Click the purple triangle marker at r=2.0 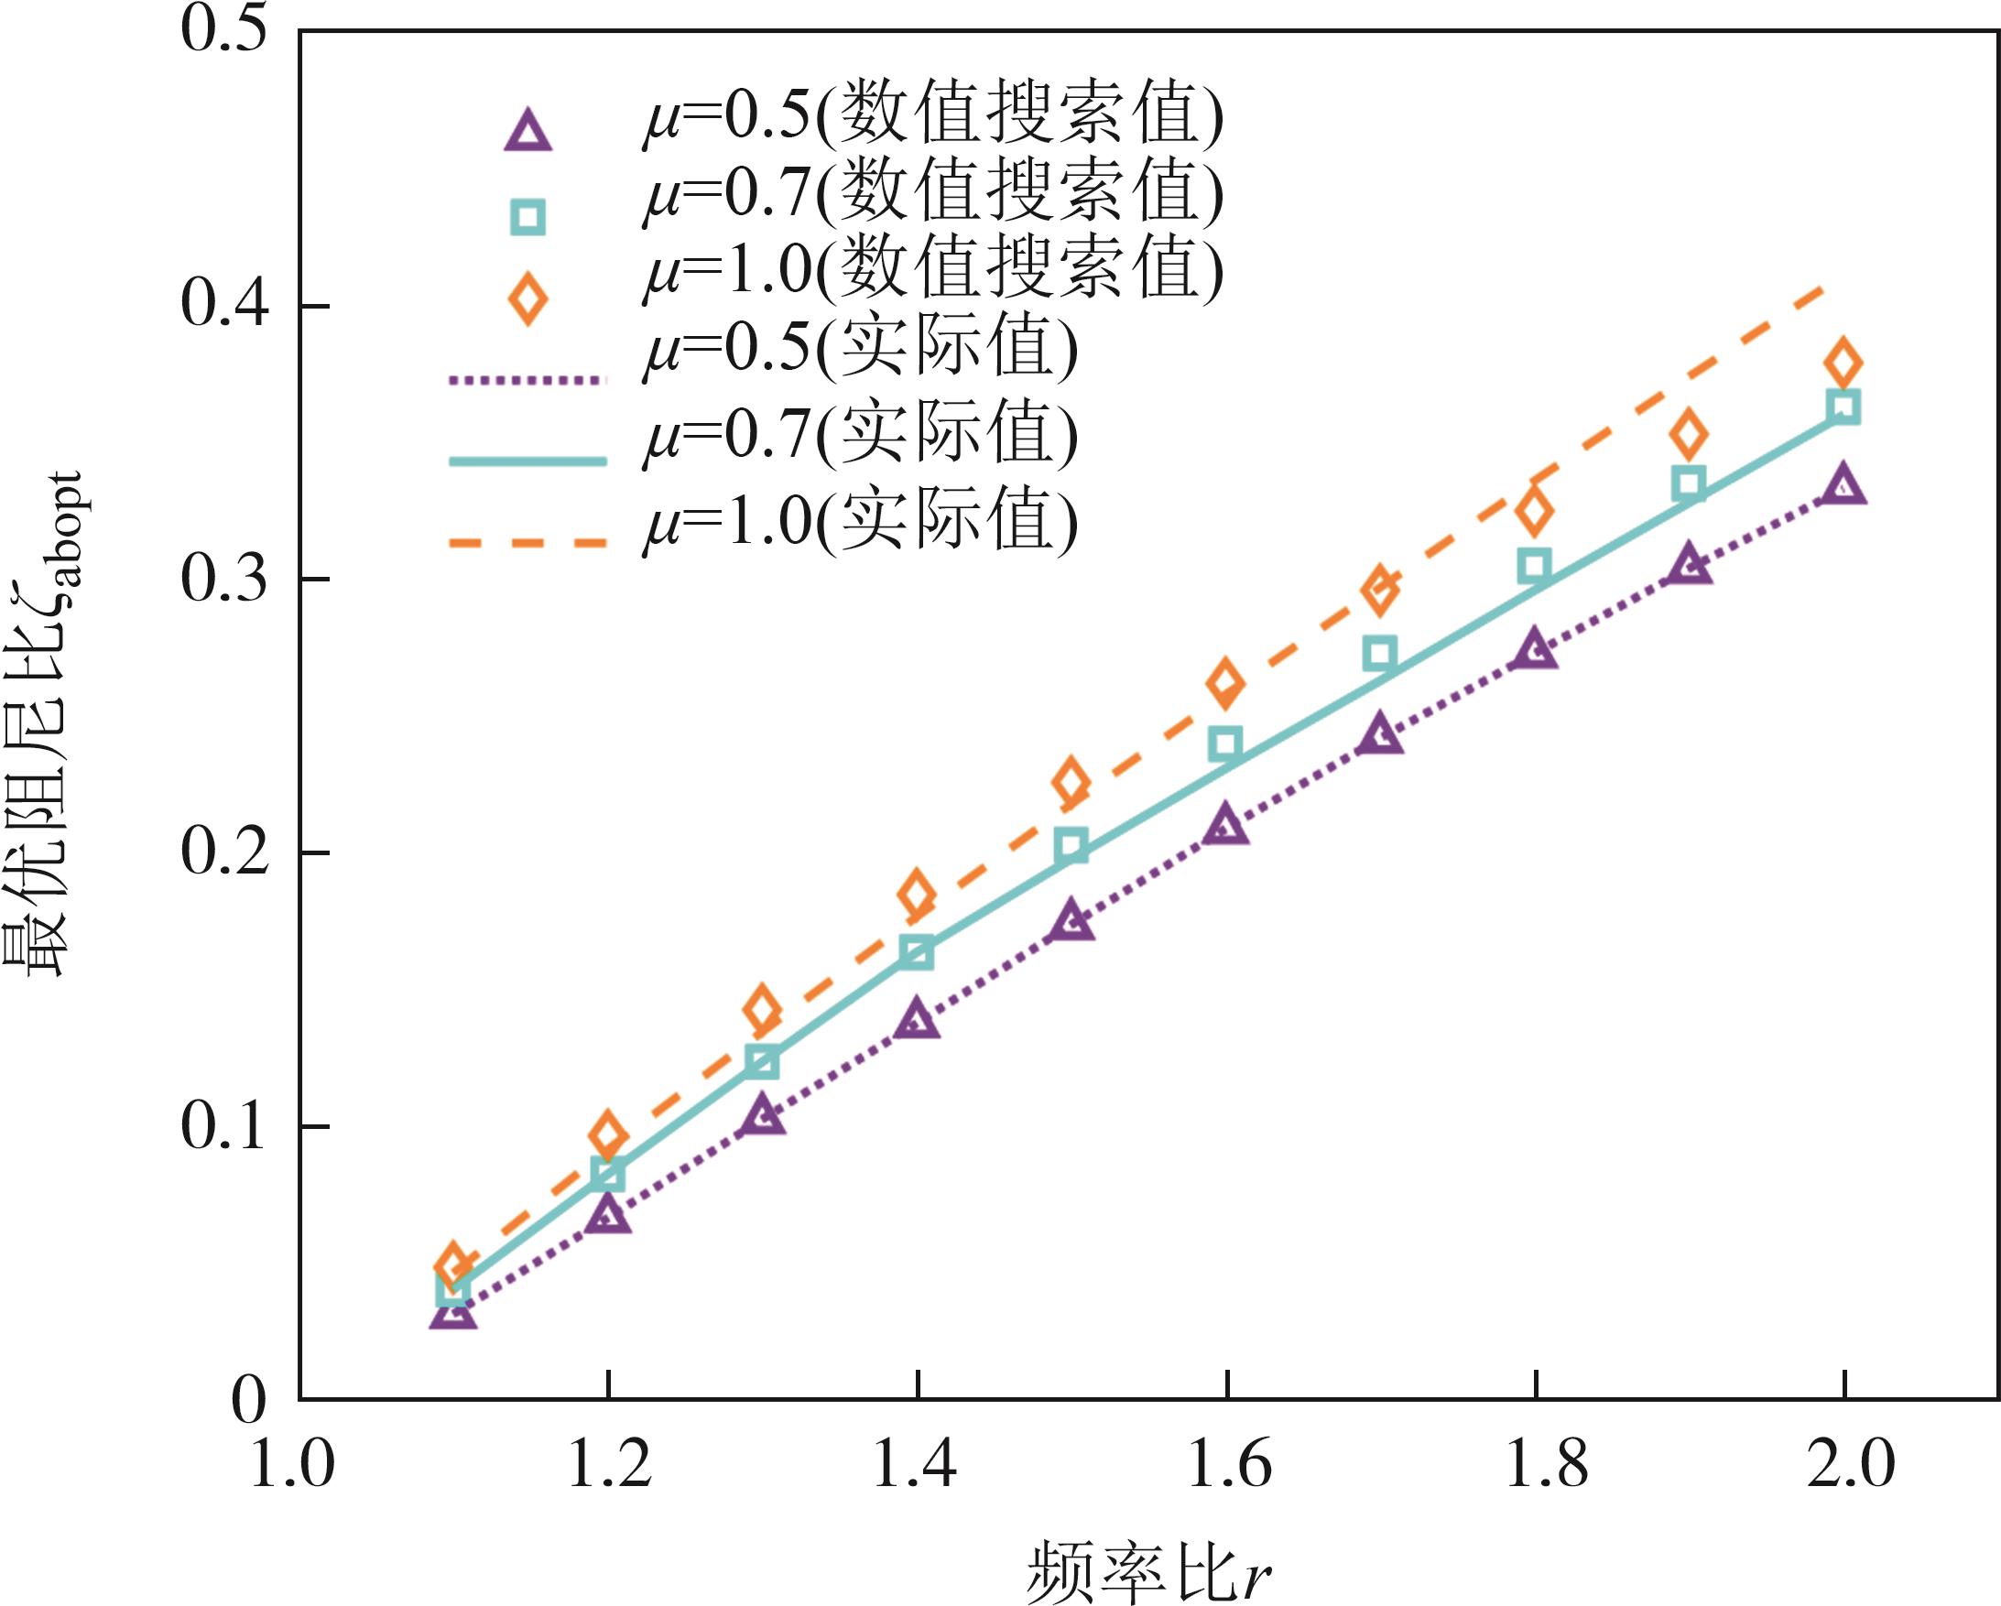click(x=1843, y=486)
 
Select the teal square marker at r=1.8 click(x=1535, y=565)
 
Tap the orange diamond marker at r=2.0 click(x=1843, y=362)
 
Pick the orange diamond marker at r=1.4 click(x=917, y=894)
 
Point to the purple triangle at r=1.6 click(x=1226, y=825)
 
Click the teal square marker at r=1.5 click(x=1072, y=846)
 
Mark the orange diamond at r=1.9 click(x=1689, y=434)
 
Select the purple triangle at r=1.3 click(x=763, y=1114)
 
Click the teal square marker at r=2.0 click(x=1843, y=407)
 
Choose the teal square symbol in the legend click(x=528, y=217)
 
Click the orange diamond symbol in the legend click(x=528, y=298)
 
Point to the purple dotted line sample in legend click(x=527, y=378)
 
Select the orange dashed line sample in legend click(x=527, y=543)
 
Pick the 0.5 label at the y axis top click(x=223, y=29)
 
